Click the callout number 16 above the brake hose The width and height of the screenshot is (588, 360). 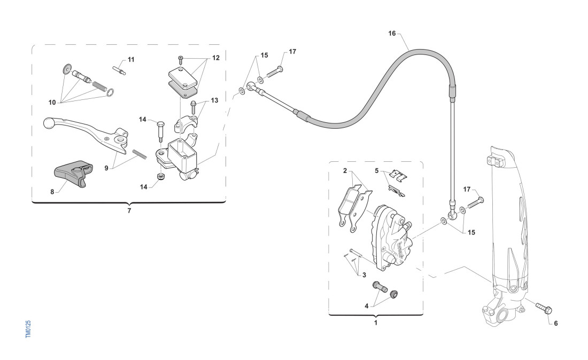pyautogui.click(x=392, y=33)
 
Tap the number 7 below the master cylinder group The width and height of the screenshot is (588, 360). pyautogui.click(x=129, y=210)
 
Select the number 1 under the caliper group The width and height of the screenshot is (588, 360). pyautogui.click(x=375, y=322)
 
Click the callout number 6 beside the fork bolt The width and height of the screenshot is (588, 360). pyautogui.click(x=555, y=323)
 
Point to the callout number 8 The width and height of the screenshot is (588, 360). pyautogui.click(x=52, y=192)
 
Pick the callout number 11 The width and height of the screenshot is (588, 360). pyautogui.click(x=131, y=59)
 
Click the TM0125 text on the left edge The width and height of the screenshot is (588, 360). pyautogui.click(x=28, y=328)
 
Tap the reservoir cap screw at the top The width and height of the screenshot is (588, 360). pyautogui.click(x=181, y=57)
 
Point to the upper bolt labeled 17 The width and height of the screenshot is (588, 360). pyautogui.click(x=274, y=71)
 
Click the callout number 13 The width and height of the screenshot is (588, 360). pyautogui.click(x=214, y=100)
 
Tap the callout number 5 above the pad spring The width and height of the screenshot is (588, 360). pyautogui.click(x=376, y=171)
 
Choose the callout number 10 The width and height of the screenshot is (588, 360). pyautogui.click(x=52, y=101)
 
